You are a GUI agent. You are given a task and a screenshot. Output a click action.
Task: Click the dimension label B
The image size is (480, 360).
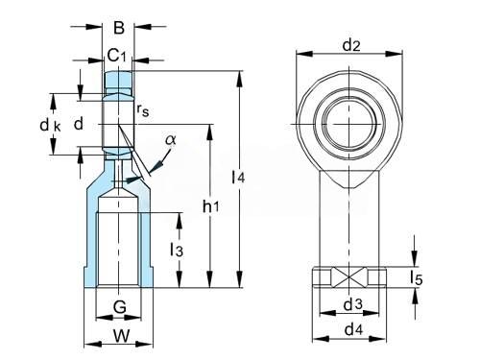tap(119, 28)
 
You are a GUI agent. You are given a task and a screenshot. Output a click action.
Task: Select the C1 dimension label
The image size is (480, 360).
tap(116, 56)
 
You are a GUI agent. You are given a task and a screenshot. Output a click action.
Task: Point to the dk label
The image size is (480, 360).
tap(50, 125)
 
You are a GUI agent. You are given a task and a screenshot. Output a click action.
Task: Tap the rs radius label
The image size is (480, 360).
tap(143, 110)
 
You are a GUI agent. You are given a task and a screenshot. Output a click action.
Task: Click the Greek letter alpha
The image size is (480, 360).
tap(171, 139)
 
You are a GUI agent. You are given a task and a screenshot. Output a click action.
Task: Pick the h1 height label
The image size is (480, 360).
tap(211, 206)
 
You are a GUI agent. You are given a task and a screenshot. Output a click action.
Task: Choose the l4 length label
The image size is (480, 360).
tap(238, 177)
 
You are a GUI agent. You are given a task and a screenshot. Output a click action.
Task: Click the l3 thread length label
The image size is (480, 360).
tap(177, 250)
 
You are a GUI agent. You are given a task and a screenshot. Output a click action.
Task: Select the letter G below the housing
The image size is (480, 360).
tap(120, 307)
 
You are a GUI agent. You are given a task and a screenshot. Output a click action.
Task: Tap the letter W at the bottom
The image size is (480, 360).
tap(122, 336)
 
